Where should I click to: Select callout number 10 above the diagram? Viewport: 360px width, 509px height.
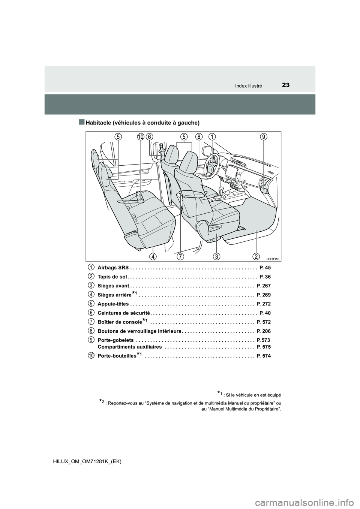[x=141, y=137]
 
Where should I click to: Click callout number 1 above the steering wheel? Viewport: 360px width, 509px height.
[x=212, y=137]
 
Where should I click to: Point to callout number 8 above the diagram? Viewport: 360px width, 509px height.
[x=198, y=137]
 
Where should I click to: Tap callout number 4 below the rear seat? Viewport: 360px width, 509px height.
[x=153, y=256]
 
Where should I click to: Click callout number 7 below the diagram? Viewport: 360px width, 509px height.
[x=180, y=256]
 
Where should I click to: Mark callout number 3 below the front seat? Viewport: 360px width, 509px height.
[x=217, y=256]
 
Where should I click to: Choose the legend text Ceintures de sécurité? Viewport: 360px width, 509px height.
[x=123, y=313]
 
